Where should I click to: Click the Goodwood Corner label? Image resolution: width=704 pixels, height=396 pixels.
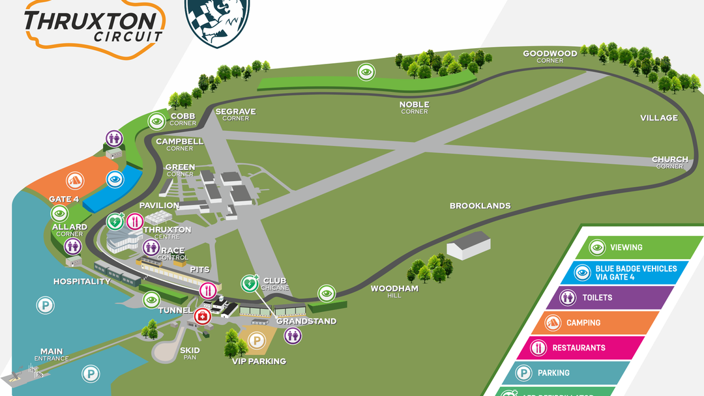(x=550, y=56)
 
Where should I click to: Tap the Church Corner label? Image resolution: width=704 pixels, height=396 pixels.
(x=670, y=162)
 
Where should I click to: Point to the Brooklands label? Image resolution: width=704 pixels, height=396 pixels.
(x=480, y=206)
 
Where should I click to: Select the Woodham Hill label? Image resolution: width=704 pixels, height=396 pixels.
(x=394, y=291)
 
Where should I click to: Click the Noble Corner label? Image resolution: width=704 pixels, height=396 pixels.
(x=415, y=107)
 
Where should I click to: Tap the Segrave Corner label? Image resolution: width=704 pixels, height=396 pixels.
(x=235, y=115)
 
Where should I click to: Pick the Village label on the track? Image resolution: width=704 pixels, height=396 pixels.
(x=659, y=118)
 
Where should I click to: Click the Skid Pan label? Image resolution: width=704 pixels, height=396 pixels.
(x=190, y=354)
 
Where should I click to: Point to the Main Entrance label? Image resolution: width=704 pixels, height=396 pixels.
(x=51, y=355)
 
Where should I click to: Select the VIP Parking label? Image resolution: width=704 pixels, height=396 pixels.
(x=259, y=361)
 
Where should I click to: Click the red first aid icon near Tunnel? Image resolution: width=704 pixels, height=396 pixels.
(x=203, y=317)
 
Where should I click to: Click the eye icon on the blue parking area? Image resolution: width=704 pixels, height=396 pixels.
(x=115, y=179)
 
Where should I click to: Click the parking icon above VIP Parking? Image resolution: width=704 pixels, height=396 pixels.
(x=256, y=340)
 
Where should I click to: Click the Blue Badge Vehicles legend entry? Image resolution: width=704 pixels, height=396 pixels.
(x=626, y=272)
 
